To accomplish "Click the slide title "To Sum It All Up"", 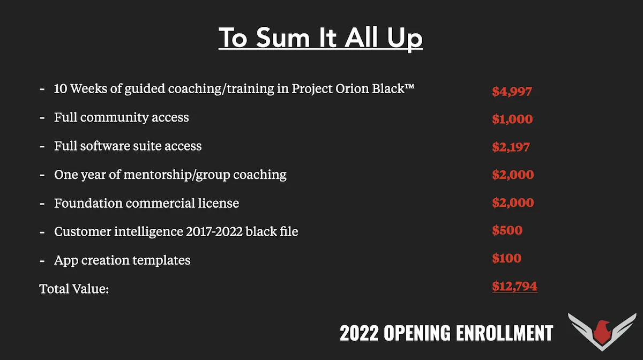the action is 320,38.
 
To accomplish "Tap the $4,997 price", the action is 512,92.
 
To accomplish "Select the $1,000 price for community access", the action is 512,119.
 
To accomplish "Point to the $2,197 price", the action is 511,147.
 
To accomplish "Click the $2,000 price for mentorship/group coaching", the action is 513,175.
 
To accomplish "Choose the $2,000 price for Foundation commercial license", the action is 513,202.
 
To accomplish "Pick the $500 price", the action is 507,230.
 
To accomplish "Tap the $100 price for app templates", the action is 507,258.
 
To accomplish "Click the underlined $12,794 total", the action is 515,286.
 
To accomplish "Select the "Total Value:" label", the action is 74,289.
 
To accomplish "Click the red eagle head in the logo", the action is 602,332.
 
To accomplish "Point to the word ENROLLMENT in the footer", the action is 504,333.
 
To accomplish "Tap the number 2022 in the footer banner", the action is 359,333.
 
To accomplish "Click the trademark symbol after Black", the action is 409,86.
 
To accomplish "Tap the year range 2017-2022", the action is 214,231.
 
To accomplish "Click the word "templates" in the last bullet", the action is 161,261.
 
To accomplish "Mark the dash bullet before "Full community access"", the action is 42,118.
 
